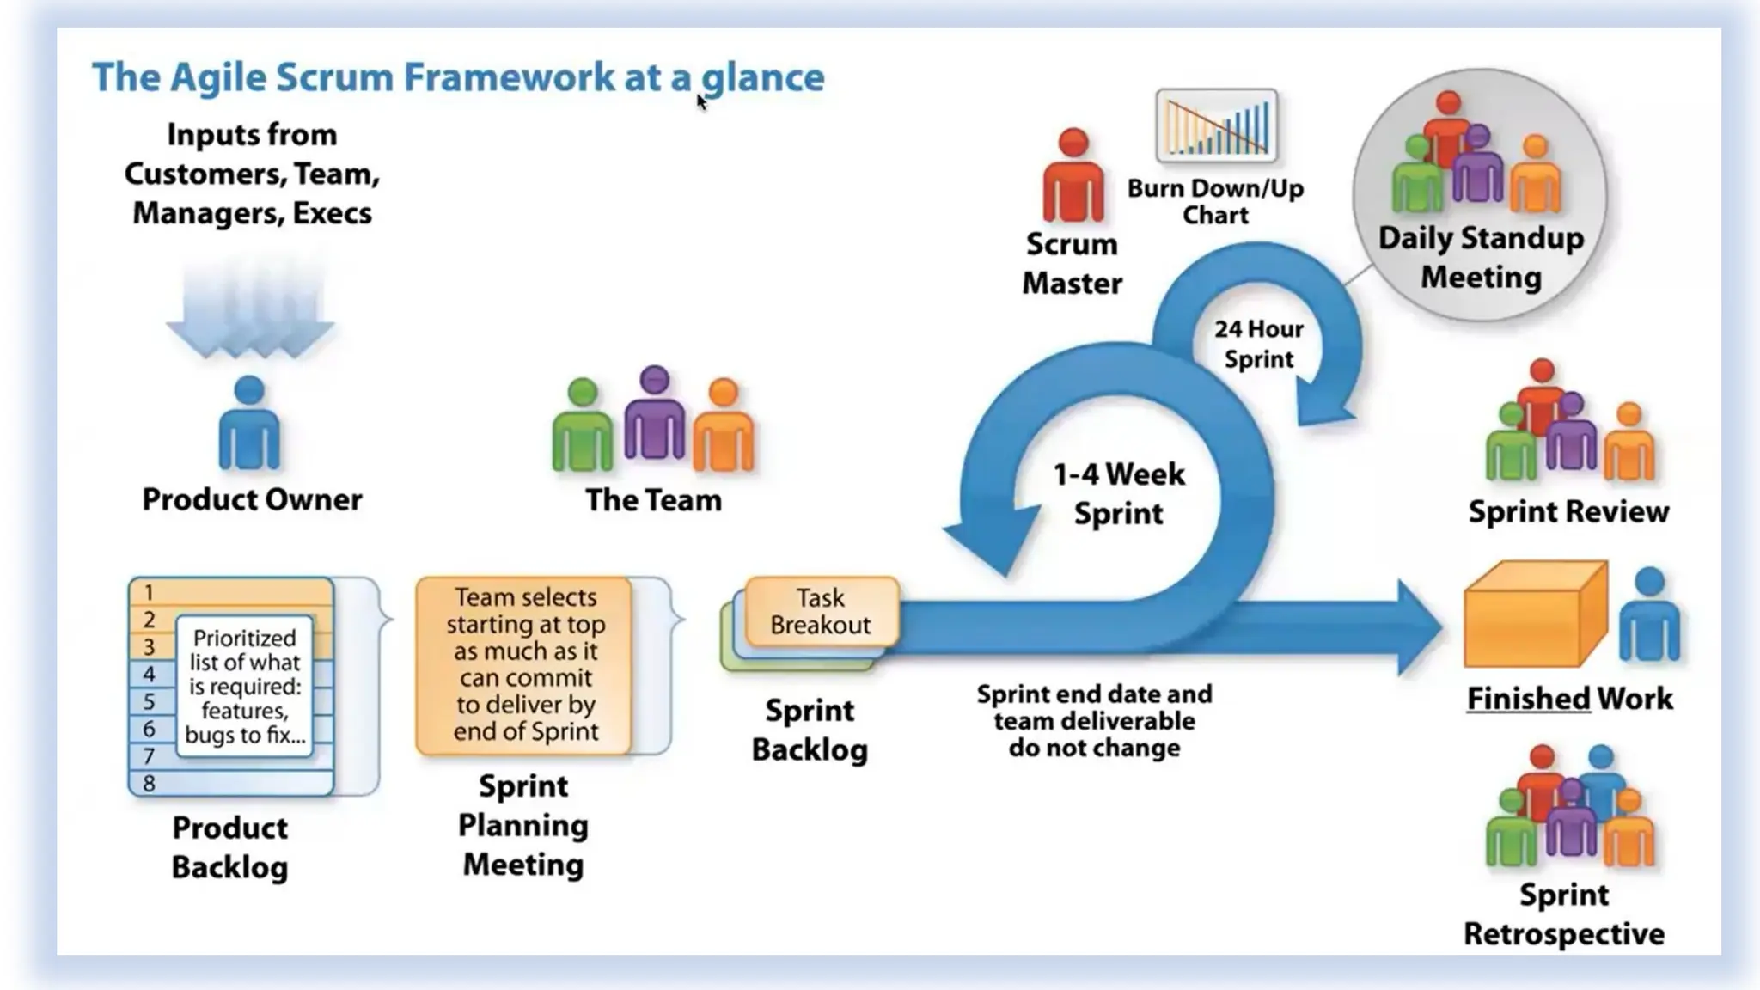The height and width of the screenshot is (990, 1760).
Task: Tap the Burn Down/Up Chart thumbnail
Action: (1216, 125)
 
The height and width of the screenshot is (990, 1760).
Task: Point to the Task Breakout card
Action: (821, 611)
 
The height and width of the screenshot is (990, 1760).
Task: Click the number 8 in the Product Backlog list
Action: (150, 784)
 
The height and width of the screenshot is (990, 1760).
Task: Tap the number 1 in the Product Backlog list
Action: (150, 592)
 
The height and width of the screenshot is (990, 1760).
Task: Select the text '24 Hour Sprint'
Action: (1258, 344)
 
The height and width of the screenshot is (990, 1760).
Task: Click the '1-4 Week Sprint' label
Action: (1119, 493)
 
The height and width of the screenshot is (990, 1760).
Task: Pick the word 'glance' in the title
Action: (763, 77)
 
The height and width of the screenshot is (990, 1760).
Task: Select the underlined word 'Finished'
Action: (1528, 699)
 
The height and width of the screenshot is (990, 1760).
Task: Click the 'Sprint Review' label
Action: (1568, 511)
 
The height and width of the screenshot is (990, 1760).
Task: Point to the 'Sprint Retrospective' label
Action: (1564, 914)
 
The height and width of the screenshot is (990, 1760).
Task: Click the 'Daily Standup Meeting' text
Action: (1481, 257)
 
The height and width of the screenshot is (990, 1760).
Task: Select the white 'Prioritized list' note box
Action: (245, 686)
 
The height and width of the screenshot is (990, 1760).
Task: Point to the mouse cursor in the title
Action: (701, 101)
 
